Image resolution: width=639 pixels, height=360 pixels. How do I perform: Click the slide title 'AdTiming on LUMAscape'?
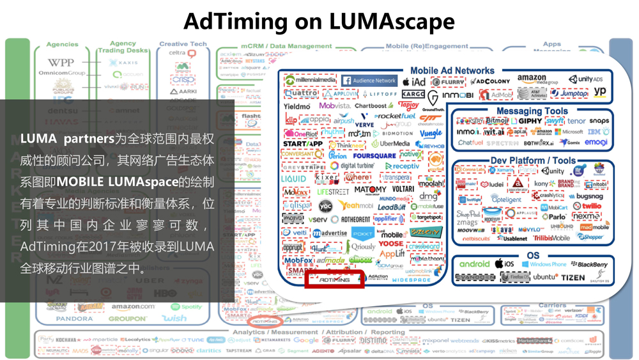point(319,21)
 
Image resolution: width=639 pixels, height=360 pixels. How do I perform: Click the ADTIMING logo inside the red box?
point(334,279)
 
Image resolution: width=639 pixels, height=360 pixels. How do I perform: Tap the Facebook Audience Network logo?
point(369,81)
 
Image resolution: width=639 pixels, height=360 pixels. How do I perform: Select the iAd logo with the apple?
point(413,82)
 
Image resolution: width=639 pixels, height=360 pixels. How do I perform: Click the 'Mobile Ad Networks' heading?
point(452,70)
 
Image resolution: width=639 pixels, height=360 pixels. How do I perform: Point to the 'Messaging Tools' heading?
point(532,111)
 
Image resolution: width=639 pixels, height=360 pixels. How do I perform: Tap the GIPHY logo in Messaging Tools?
point(530,121)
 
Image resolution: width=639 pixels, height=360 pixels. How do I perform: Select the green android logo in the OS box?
point(474,264)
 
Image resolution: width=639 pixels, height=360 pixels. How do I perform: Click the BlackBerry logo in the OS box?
point(589,264)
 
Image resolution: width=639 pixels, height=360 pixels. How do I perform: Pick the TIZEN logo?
point(573,278)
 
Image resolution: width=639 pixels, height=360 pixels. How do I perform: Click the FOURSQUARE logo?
point(374,155)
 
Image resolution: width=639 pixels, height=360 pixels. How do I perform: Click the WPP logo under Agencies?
point(61,63)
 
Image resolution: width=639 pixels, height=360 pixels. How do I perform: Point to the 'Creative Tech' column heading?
point(183,44)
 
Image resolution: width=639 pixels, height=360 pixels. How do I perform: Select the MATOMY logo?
point(370,189)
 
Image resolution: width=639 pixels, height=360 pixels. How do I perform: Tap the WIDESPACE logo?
point(411,280)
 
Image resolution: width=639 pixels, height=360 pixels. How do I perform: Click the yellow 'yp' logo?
point(599,91)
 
